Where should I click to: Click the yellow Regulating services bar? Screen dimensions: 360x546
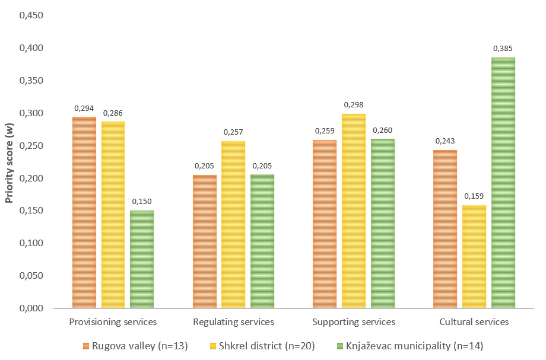click(233, 225)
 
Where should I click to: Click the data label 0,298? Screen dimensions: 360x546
click(354, 105)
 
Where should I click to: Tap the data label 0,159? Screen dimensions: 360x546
click(474, 196)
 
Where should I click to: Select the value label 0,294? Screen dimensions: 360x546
click(84, 108)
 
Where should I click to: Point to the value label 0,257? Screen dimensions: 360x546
click(233, 132)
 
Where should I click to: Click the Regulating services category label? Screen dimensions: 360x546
click(234, 322)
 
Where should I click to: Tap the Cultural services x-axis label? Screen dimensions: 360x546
click(474, 322)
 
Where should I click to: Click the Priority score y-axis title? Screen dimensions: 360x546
click(9, 162)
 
